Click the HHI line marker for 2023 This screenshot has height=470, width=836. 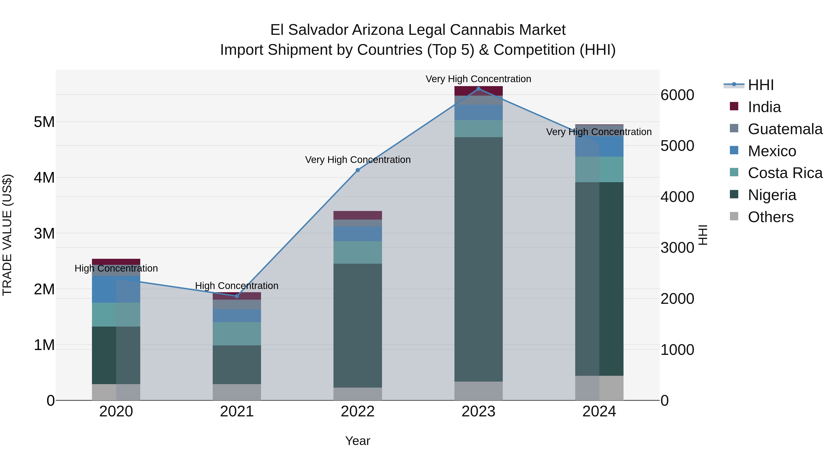point(478,89)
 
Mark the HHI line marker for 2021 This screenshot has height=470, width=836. point(237,296)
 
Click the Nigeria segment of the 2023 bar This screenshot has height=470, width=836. point(478,259)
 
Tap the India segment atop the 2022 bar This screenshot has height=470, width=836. point(358,215)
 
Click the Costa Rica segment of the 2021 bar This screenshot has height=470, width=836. point(237,334)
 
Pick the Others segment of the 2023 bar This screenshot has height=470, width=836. point(478,391)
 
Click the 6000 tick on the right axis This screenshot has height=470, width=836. point(677,95)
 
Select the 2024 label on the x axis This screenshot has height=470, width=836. point(599,412)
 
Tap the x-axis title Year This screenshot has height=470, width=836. point(358,441)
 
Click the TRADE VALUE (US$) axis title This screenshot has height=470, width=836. point(7,235)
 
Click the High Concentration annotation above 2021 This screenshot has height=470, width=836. point(237,286)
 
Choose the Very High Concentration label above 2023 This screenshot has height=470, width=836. point(478,79)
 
